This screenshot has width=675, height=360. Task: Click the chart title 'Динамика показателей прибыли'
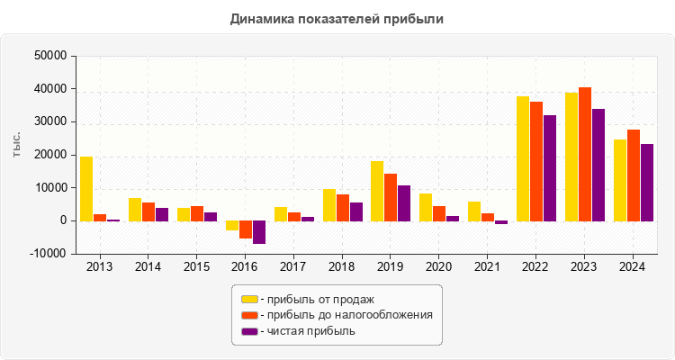(337, 18)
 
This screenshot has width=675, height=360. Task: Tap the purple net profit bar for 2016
(259, 232)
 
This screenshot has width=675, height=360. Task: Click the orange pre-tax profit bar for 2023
(585, 154)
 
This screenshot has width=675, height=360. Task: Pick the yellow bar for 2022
(523, 158)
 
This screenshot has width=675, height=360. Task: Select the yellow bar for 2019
(377, 191)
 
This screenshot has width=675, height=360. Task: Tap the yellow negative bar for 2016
(232, 226)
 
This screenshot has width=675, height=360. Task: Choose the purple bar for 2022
(550, 168)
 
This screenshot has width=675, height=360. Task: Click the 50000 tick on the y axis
(50, 56)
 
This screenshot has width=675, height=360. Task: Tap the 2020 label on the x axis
(438, 267)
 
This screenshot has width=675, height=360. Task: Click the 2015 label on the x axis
(196, 267)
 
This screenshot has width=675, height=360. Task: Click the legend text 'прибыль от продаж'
(316, 299)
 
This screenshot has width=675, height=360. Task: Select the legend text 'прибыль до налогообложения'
(346, 315)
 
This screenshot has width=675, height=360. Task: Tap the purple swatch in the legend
(249, 331)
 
